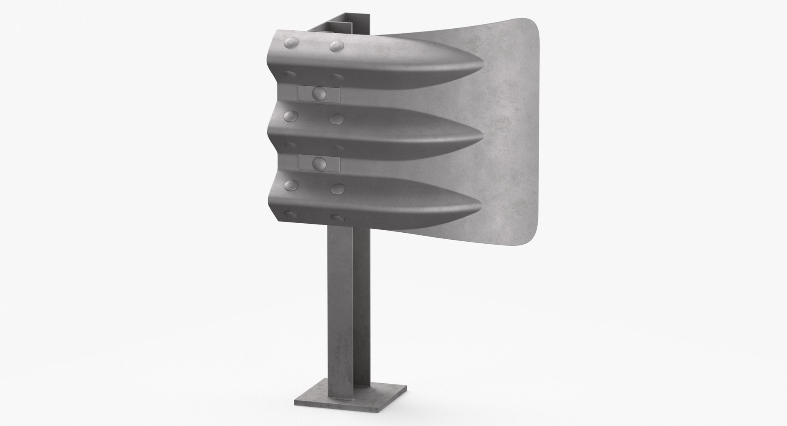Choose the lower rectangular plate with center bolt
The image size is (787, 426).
[318, 163]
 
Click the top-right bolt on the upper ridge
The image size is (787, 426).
[337, 46]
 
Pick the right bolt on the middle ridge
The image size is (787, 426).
[337, 119]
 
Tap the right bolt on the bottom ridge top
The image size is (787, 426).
[337, 188]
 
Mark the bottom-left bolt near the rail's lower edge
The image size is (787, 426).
[292, 214]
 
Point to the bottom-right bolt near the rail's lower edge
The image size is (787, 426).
[339, 217]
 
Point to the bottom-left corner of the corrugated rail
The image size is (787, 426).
[280, 221]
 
